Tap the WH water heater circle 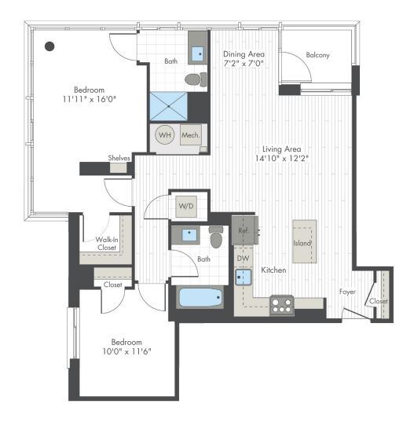166,135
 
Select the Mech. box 191,135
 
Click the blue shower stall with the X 167,105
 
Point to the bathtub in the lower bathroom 200,298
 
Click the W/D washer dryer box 186,206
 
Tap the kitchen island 304,242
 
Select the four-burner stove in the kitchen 282,304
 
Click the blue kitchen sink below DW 244,276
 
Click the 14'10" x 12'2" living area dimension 282,158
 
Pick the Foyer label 348,292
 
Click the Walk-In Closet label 106,242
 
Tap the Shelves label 119,158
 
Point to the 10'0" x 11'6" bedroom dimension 126,351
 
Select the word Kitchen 273,270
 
